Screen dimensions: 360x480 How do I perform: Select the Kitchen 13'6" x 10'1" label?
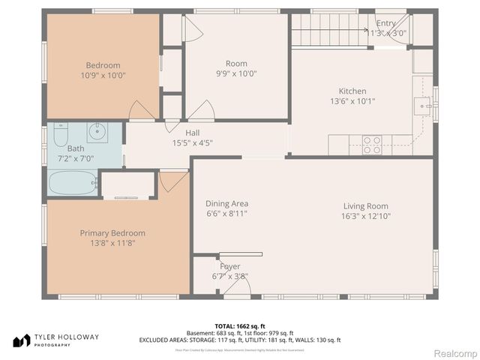point(352,95)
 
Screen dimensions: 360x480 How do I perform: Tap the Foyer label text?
point(229,271)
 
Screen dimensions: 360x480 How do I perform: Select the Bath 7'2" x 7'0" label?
point(55,153)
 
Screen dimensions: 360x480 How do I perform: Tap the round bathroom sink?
point(96,133)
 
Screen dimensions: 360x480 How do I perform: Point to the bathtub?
point(73,182)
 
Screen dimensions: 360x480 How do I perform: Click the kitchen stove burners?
point(372,145)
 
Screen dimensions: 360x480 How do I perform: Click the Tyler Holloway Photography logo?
point(56,340)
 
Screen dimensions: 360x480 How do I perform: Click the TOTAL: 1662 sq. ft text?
point(240,326)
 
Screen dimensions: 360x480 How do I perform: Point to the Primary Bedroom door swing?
point(172,179)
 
